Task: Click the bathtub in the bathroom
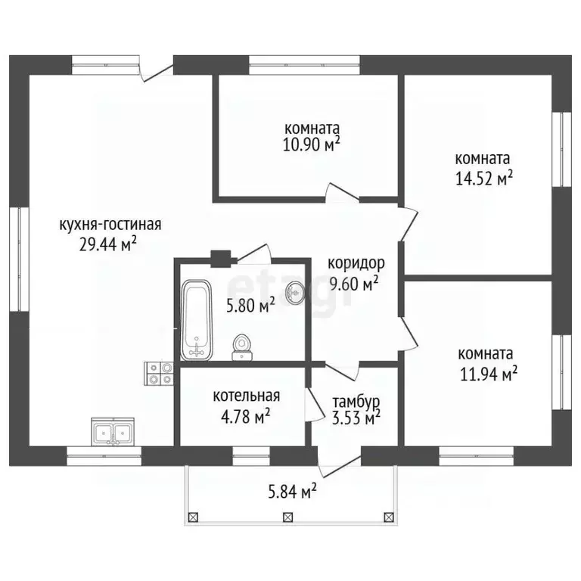197,320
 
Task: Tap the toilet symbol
241,347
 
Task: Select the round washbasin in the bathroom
294,292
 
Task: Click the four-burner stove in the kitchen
160,374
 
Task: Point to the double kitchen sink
113,431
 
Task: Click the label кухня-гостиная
110,225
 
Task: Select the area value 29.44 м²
108,244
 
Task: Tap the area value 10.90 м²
311,144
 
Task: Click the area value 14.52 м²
483,179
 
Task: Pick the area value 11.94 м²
489,374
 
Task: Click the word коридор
356,264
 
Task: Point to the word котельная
247,396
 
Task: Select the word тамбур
356,402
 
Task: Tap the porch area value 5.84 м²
292,492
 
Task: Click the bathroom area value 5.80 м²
250,306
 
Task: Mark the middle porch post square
288,517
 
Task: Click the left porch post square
194,517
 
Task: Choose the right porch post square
388,517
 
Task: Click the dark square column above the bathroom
221,259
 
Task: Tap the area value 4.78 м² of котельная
245,417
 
